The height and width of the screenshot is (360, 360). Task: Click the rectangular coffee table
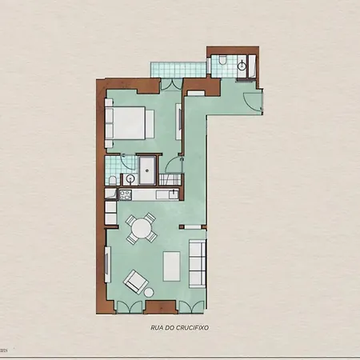click(171, 266)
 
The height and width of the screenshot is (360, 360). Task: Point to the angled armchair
click(136, 281)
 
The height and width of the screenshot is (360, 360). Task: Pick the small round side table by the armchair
click(149, 293)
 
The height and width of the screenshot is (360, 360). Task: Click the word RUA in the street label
click(156, 328)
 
